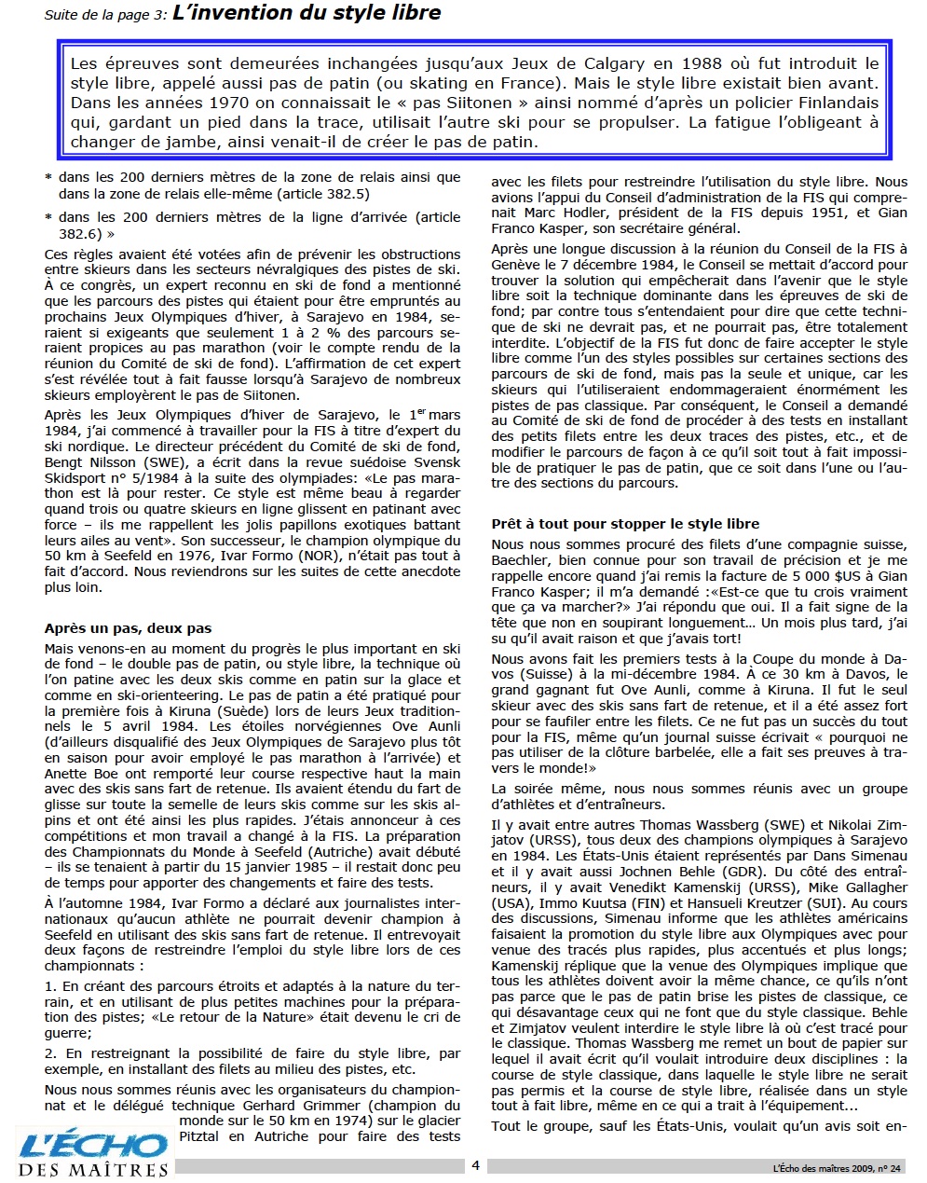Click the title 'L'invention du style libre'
tap(307, 13)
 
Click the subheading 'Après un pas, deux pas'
tap(128, 628)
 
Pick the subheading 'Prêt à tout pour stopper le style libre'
tap(625, 524)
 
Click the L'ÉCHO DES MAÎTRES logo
tap(92, 1152)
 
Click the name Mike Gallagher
tap(857, 887)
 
